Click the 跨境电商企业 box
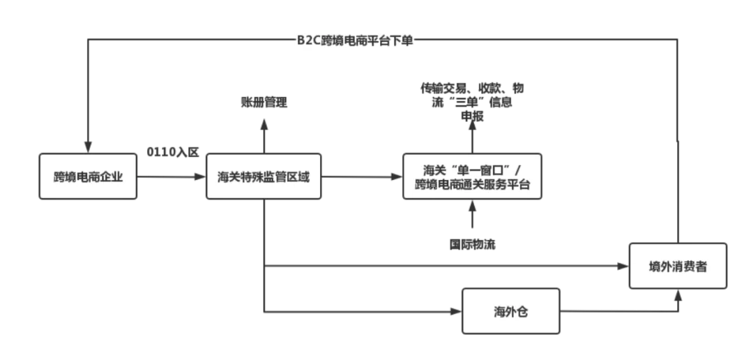point(88,176)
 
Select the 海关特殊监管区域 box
point(264,176)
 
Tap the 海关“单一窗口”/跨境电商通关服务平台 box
point(472,176)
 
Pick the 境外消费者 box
point(678,266)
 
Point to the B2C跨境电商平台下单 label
point(355,40)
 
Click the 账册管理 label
point(264,103)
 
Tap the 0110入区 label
point(172,151)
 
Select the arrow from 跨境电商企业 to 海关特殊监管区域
point(172,178)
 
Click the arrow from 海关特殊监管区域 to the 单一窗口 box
point(363,178)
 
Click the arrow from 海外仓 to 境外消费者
point(621,312)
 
